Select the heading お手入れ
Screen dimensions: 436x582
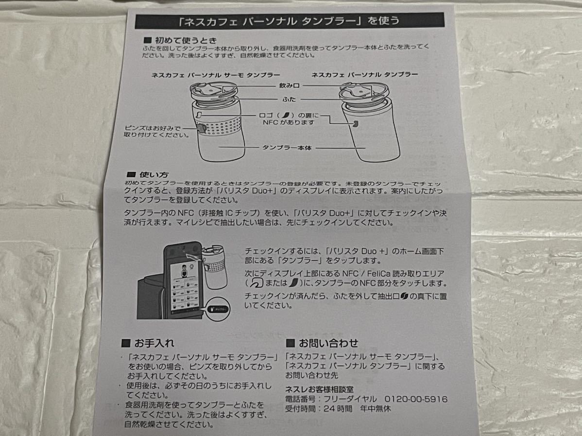[x=154, y=343]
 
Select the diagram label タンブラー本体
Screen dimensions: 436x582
[x=287, y=147]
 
